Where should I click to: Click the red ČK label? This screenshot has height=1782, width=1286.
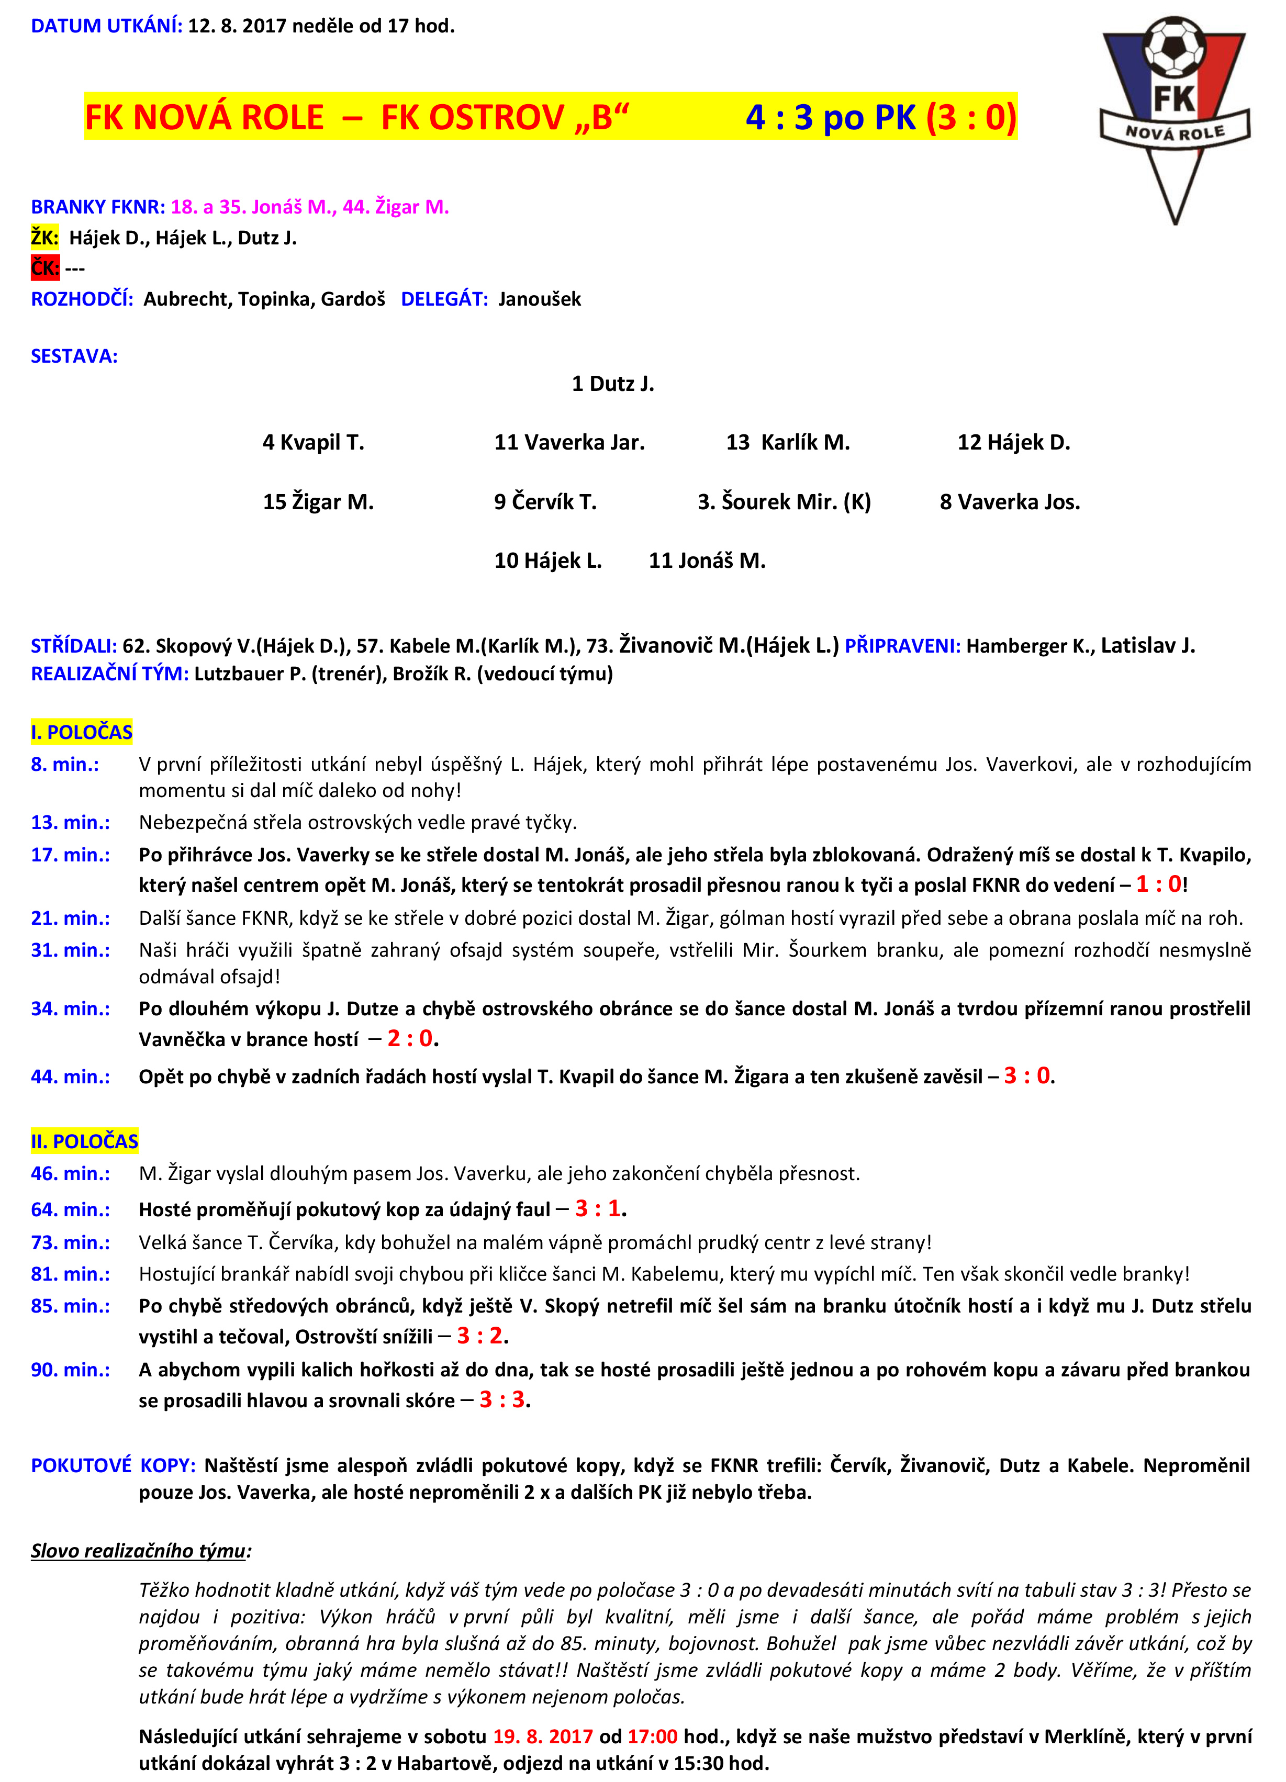pos(45,268)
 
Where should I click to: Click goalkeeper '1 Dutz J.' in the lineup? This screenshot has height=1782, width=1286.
pos(613,384)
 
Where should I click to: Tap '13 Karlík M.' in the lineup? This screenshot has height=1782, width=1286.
pos(787,442)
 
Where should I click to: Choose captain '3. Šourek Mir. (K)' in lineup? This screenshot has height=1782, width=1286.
pos(784,501)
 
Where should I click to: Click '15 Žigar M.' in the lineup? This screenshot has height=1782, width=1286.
pos(318,501)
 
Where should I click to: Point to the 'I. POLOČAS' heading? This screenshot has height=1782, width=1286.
pos(82,732)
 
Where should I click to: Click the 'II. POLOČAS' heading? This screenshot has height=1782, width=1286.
pos(85,1141)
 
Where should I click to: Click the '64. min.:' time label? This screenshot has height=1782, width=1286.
pos(71,1209)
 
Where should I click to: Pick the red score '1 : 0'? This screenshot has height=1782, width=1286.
pos(1159,884)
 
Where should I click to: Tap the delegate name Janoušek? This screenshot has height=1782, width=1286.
pos(540,299)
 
